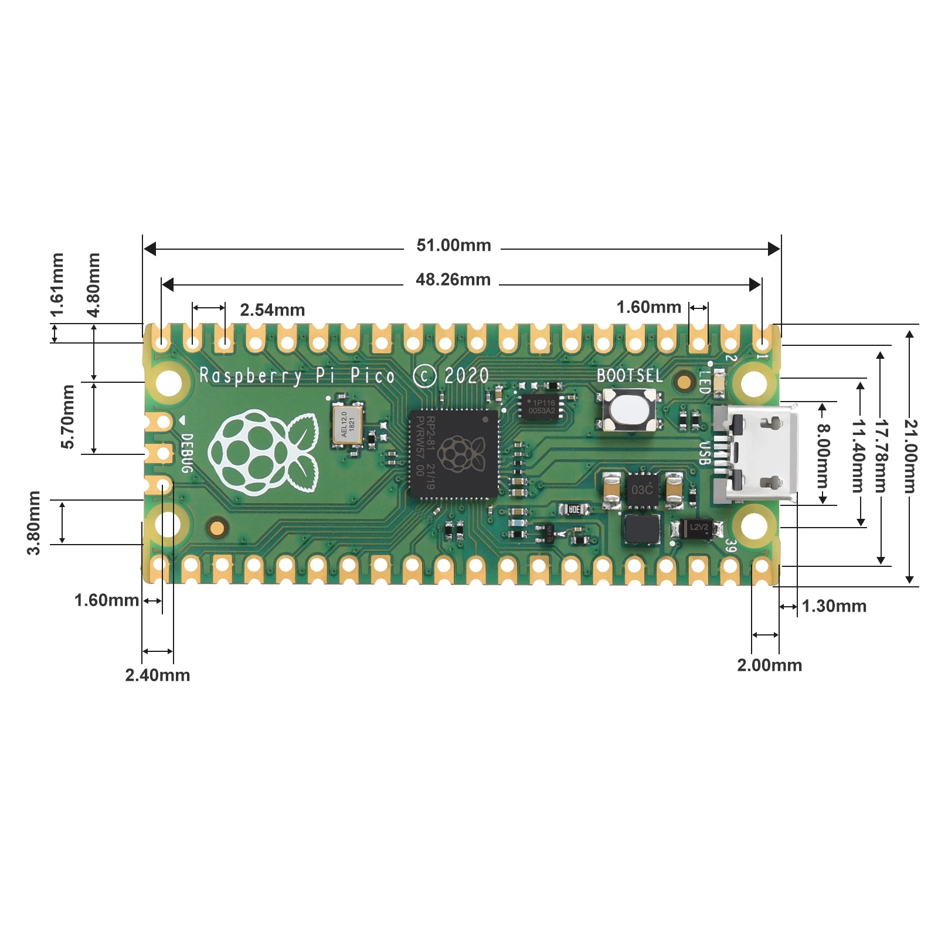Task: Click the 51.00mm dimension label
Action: click(453, 245)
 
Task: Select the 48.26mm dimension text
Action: click(453, 280)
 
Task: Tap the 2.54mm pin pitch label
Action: click(272, 310)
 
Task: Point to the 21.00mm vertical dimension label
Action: click(909, 456)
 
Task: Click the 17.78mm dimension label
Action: click(881, 456)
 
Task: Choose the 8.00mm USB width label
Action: click(823, 456)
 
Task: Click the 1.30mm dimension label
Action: click(833, 606)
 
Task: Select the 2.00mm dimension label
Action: click(769, 665)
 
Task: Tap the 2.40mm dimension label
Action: click(157, 675)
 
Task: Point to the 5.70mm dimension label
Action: click(68, 416)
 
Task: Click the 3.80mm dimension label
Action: click(34, 522)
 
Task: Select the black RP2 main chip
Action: click(453, 454)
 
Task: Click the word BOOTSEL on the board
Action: click(629, 376)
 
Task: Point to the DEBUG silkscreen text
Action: click(186, 453)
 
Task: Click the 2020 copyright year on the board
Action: click(466, 376)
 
